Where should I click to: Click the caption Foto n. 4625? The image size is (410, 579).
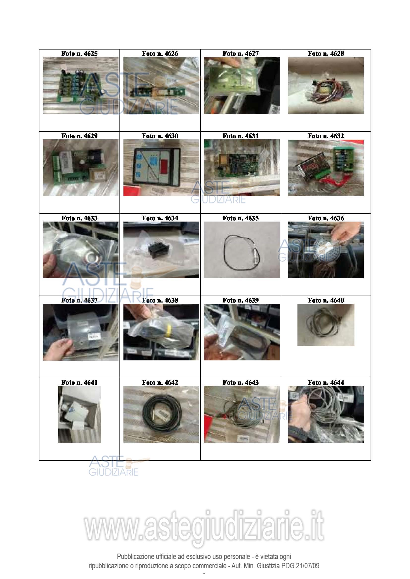tap(79, 53)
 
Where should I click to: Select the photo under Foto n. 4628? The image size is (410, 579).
tap(326, 85)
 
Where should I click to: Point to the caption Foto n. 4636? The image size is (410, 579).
tap(326, 218)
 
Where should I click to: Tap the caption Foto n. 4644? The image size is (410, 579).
tap(326, 382)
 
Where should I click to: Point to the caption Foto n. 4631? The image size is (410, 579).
tap(240, 136)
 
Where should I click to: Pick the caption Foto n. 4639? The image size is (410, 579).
tap(240, 300)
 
